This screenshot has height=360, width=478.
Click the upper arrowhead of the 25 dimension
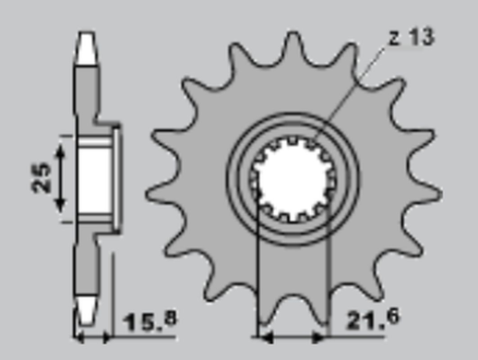click(x=62, y=148)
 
